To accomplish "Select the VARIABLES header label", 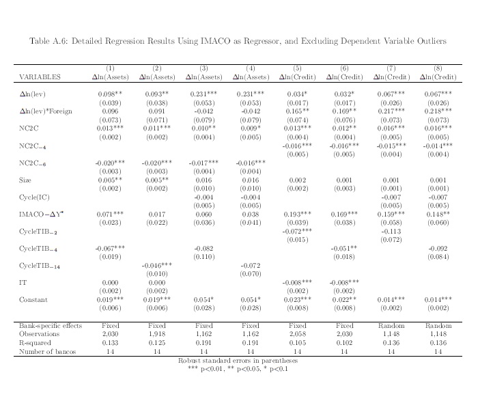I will click(x=40, y=77).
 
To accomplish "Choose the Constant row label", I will click(x=31, y=299).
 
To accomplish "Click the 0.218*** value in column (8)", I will click(x=438, y=111).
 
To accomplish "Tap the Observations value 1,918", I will click(x=157, y=335).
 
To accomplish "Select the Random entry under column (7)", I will click(x=391, y=326).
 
